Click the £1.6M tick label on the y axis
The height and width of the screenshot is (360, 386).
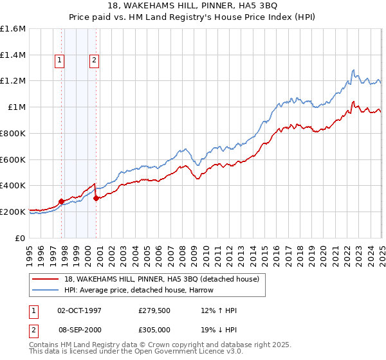coord(13,29)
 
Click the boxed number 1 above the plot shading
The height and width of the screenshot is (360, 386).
coord(59,61)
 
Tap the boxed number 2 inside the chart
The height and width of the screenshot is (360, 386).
coord(94,61)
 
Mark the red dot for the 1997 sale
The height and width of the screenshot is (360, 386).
coord(62,201)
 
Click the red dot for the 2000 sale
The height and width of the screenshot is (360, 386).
coord(96,198)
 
